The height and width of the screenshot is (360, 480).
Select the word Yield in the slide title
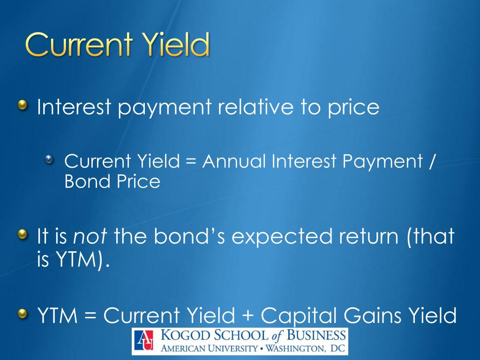click(174, 45)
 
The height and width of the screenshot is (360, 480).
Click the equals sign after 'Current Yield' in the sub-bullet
click(190, 162)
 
